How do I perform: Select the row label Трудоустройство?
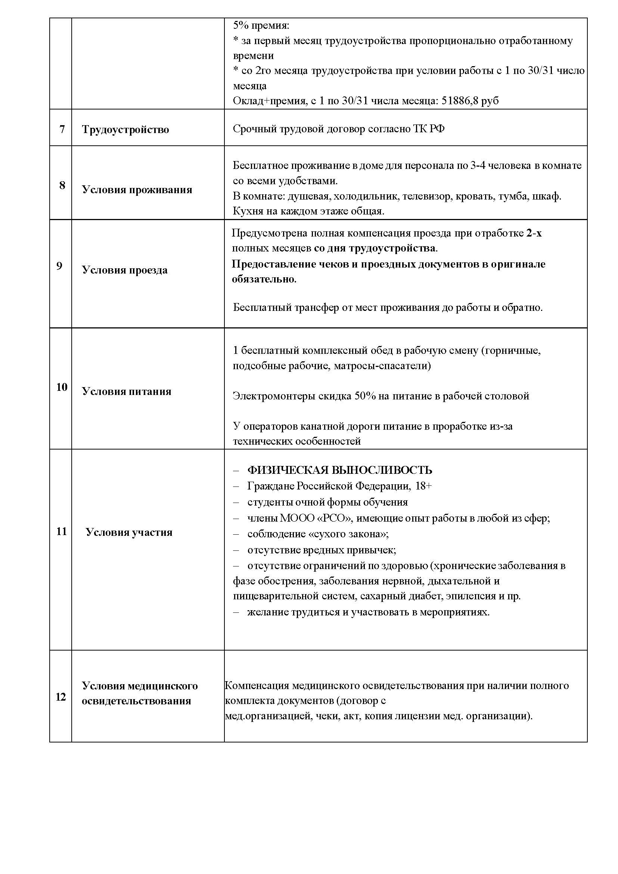coord(125,130)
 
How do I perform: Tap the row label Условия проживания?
coord(137,190)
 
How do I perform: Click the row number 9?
coord(59,266)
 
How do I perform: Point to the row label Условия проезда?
coord(124,270)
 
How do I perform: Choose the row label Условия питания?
coord(126,392)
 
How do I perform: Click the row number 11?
coord(61,532)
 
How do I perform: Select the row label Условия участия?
coord(128,532)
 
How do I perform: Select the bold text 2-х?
coord(534,233)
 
